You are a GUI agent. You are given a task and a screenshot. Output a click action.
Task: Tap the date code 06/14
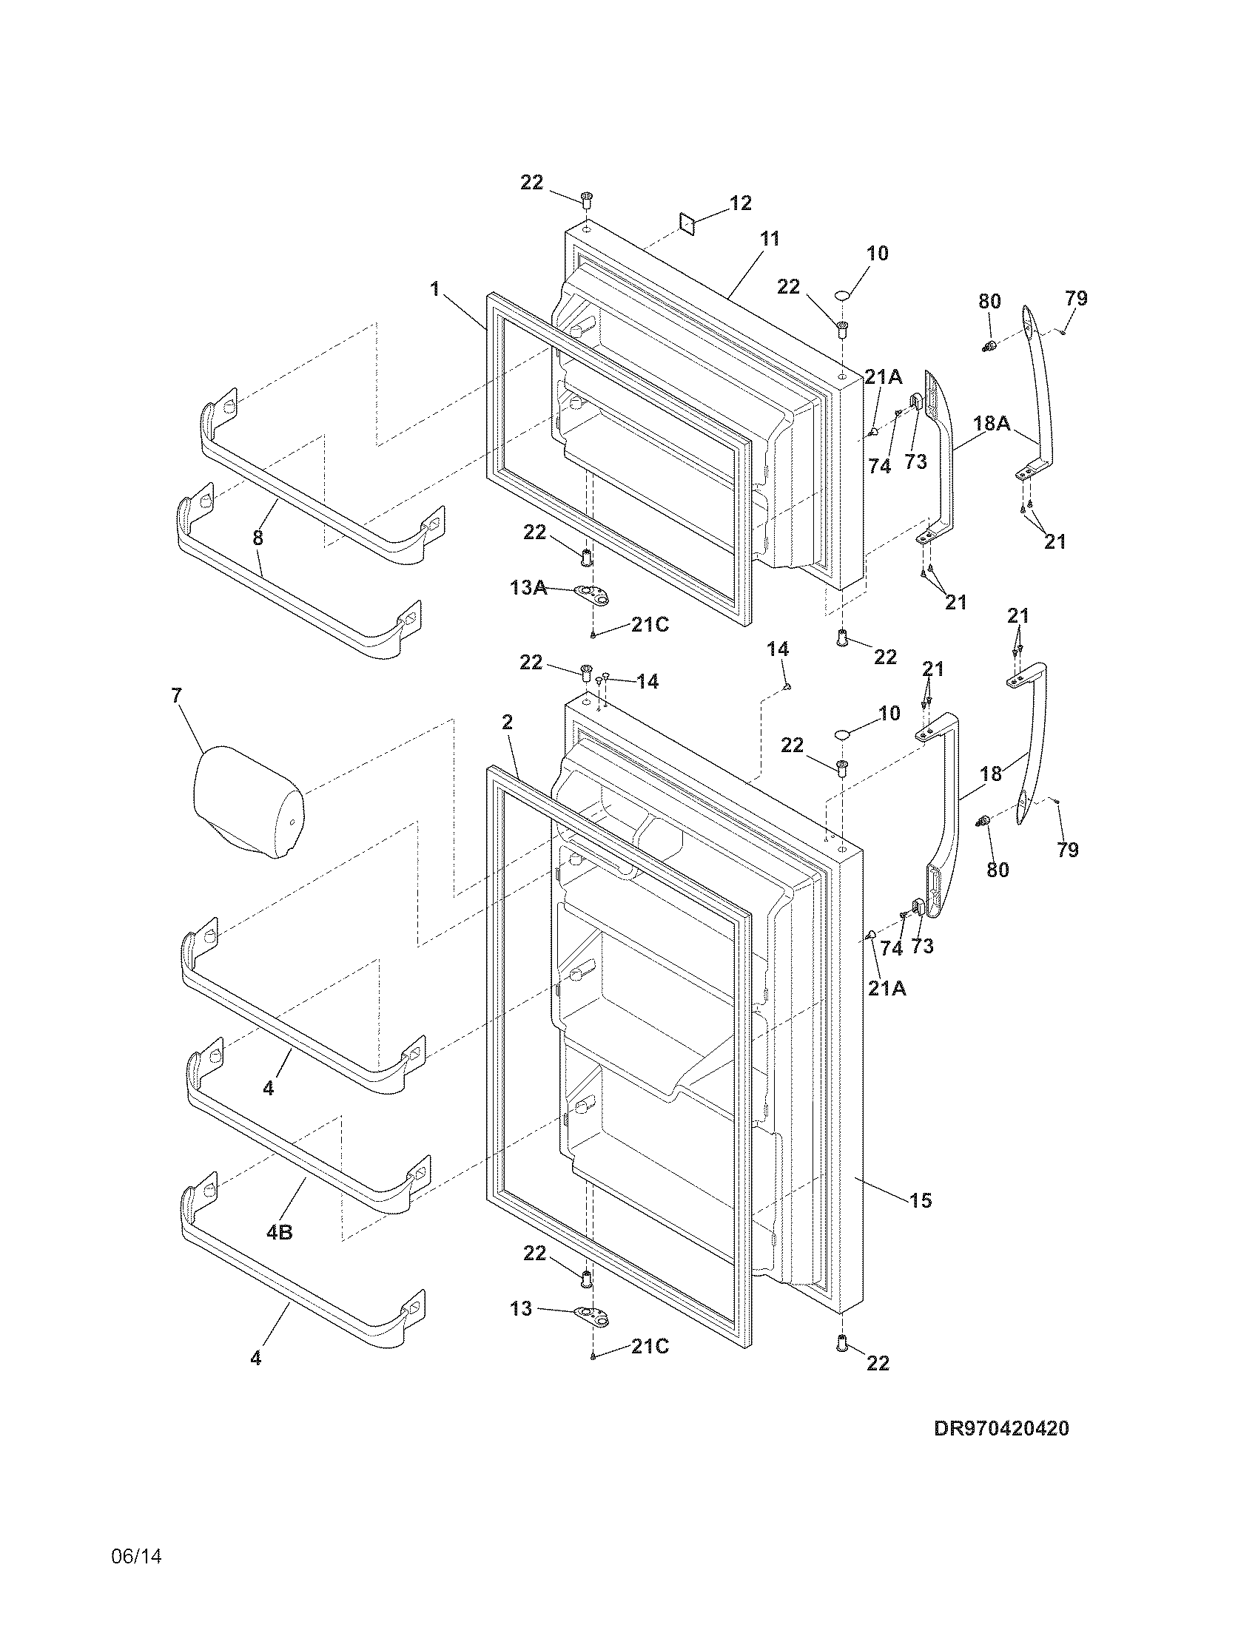point(136,1553)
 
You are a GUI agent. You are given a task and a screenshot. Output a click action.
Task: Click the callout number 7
point(176,695)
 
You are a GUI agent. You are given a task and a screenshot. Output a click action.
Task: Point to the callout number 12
point(740,203)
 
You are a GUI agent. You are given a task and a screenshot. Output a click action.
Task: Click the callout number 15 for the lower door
point(921,1200)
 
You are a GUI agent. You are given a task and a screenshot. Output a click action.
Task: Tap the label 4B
point(279,1233)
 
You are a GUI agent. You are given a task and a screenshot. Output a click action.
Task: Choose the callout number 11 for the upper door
point(769,238)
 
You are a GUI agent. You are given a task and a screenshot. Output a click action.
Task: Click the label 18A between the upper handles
point(992,423)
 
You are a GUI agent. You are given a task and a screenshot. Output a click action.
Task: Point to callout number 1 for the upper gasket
point(434,288)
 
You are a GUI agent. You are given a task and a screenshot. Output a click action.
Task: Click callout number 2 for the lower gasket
point(508,721)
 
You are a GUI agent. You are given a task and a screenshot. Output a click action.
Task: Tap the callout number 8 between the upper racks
point(258,538)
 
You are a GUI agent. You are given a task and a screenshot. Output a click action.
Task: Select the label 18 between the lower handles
point(990,774)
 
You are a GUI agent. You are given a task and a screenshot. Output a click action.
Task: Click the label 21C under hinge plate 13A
point(650,624)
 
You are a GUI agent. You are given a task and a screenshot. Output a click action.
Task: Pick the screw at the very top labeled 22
point(587,199)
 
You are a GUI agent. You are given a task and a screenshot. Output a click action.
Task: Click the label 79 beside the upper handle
point(1076,298)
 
